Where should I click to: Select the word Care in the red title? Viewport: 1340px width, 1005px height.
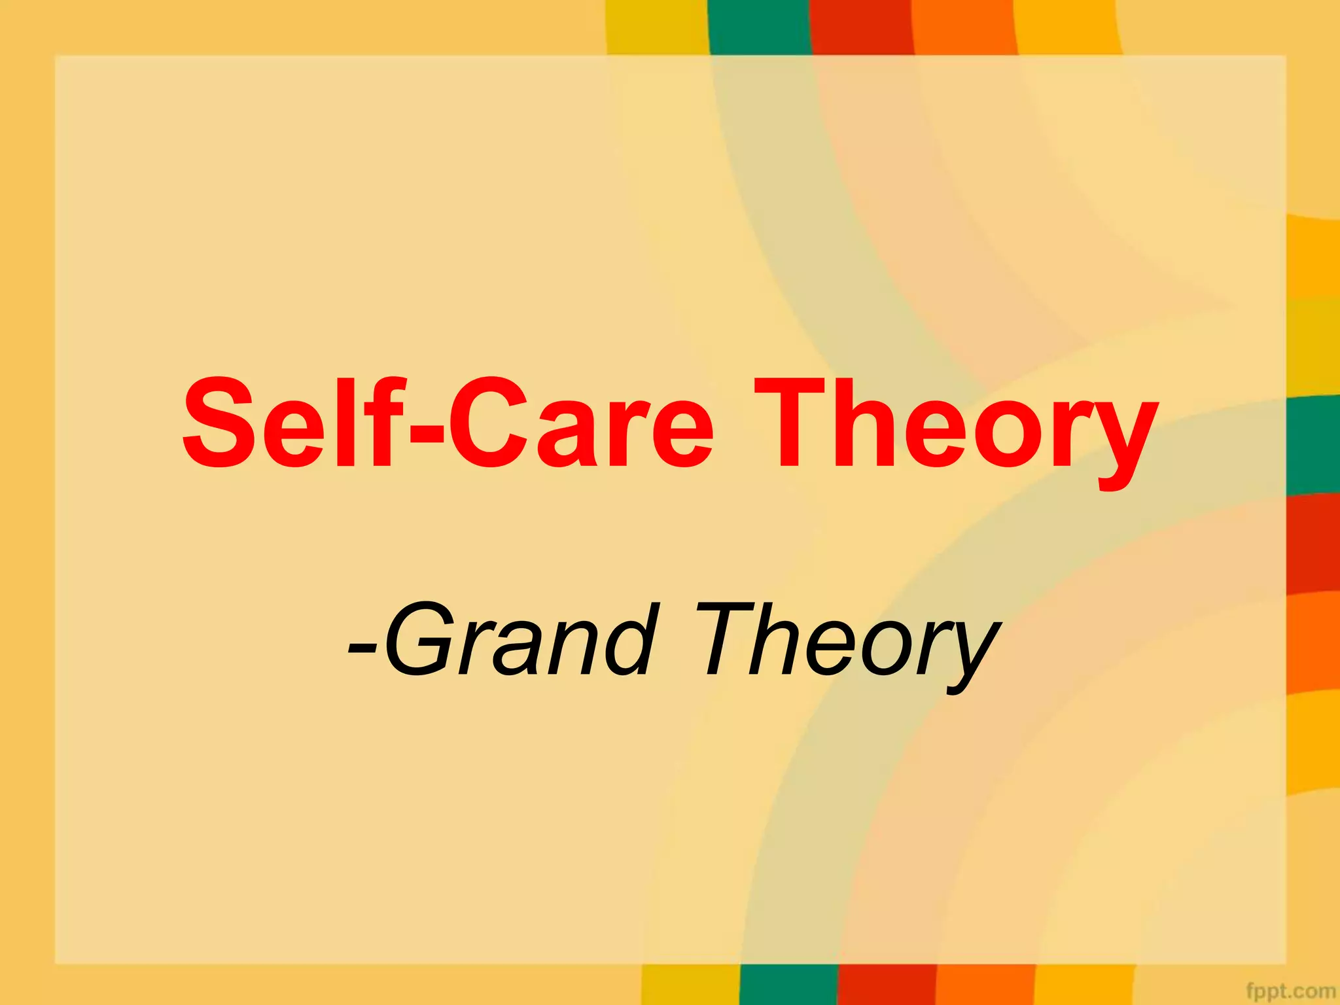click(582, 424)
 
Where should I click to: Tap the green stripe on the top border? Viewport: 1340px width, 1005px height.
click(759, 26)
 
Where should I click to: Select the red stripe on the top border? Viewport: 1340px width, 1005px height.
click(862, 26)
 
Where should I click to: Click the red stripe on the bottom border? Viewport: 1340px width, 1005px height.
click(887, 985)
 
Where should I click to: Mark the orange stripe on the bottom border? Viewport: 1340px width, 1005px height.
click(985, 985)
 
